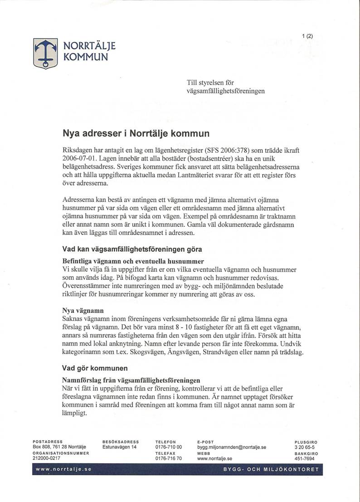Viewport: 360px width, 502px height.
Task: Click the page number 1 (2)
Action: (308, 36)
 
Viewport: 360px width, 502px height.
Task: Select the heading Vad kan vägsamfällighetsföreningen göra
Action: (132, 249)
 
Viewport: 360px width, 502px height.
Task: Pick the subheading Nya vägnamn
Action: (83, 311)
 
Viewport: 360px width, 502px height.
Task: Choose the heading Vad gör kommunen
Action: (95, 368)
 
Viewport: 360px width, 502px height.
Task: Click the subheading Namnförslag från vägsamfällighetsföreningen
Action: (131, 380)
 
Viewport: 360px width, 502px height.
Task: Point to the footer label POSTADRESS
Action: (48, 441)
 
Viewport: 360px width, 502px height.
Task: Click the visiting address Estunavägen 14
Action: (119, 447)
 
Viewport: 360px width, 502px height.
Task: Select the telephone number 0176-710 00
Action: (168, 447)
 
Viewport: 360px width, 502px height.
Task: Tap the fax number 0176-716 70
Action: (168, 458)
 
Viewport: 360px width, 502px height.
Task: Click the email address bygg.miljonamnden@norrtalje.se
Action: (231, 447)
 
